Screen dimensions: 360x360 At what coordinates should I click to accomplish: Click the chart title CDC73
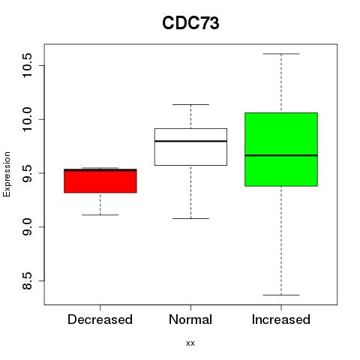click(x=190, y=23)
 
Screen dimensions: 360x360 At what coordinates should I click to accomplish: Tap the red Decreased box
click(x=100, y=181)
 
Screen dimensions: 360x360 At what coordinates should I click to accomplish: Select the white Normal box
click(x=190, y=147)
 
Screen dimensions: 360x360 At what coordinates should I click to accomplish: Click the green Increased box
click(x=281, y=149)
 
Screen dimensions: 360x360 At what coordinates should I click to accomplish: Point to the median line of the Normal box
click(x=190, y=141)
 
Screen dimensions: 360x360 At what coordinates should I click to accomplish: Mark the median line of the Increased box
click(x=281, y=155)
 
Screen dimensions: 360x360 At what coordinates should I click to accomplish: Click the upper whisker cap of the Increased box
click(x=281, y=54)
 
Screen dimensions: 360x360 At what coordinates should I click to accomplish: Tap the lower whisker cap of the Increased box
click(x=281, y=295)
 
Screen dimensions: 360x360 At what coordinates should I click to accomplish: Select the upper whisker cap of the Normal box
click(x=190, y=104)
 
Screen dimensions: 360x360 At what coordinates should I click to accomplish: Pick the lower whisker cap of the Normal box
click(x=190, y=218)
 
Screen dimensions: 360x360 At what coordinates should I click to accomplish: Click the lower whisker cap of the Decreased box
click(x=100, y=214)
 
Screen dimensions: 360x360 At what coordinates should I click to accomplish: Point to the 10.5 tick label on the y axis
click(x=27, y=65)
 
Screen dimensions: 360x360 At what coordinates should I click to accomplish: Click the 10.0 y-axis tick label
click(x=27, y=119)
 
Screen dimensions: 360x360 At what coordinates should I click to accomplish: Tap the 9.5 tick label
click(x=27, y=173)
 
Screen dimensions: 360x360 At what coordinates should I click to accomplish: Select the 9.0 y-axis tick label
click(x=27, y=226)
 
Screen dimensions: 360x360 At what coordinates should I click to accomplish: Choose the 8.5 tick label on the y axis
click(x=27, y=280)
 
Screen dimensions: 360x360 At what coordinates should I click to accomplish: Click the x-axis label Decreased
click(x=100, y=319)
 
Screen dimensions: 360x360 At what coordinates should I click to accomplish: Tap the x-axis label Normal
click(x=190, y=319)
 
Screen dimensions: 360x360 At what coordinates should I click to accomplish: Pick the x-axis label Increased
click(x=281, y=319)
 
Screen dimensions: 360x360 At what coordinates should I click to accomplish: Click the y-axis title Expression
click(x=7, y=174)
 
